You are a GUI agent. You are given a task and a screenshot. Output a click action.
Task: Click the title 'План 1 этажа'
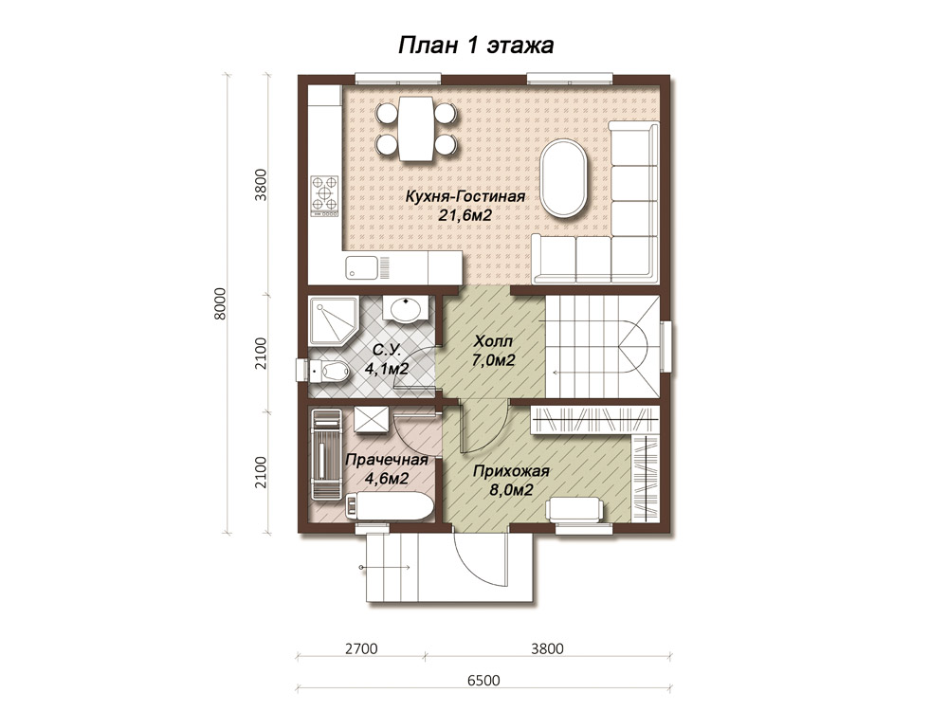(475, 46)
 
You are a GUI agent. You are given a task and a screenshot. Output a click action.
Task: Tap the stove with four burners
(324, 196)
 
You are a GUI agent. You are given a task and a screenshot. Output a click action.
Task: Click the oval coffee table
(564, 178)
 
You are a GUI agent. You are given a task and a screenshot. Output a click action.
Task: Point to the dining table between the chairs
(415, 128)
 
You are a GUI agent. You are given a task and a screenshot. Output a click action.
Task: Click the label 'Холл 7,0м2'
(494, 351)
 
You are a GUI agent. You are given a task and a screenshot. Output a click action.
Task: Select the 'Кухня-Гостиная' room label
(465, 197)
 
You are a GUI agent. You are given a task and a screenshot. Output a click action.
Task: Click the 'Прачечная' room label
(387, 460)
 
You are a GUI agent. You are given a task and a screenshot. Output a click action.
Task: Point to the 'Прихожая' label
(511, 471)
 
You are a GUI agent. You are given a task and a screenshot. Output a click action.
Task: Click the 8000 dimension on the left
(220, 303)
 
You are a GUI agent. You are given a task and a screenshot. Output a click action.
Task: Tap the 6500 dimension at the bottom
(483, 680)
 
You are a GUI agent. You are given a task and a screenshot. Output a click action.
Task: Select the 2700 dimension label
(361, 648)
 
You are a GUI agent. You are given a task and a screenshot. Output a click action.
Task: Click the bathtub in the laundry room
(389, 506)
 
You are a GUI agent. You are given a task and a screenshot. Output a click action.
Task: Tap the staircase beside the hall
(603, 346)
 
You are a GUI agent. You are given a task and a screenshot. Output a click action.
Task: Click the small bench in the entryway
(575, 508)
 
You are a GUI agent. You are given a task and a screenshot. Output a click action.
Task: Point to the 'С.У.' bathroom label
(387, 350)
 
